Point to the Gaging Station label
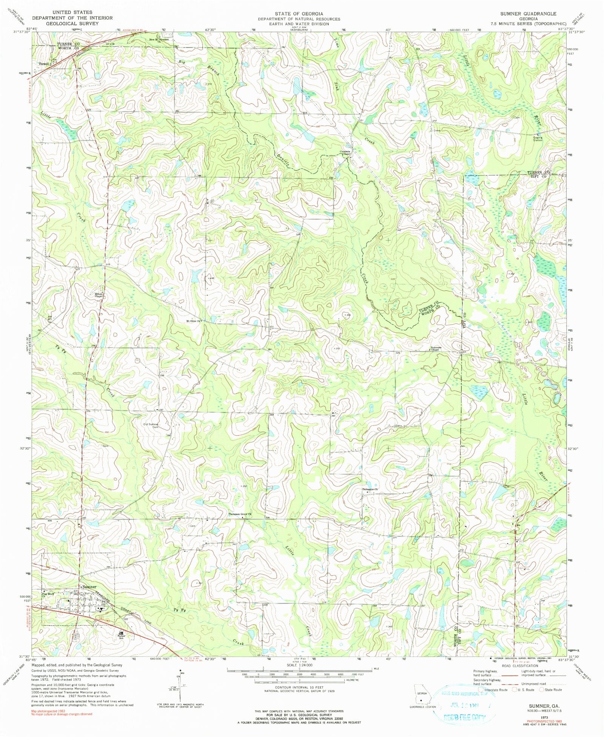pos(538,138)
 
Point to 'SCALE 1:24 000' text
pos(299,665)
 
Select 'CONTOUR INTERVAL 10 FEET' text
pos(299,687)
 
